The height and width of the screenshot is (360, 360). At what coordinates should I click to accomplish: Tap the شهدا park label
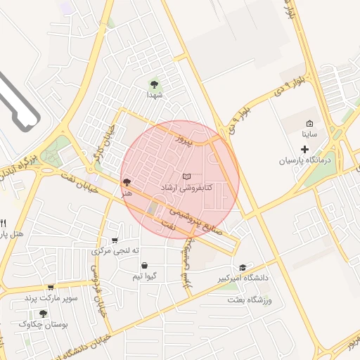coord(155,94)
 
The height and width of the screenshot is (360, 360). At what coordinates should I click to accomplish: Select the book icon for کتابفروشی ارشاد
coord(186,176)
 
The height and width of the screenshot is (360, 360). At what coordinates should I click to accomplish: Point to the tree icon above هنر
coord(126,181)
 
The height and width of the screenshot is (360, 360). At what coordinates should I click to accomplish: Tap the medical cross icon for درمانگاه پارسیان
coord(304,149)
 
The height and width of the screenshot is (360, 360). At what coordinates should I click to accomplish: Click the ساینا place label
coord(309,134)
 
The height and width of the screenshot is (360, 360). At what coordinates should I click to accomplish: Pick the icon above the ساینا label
coord(309,123)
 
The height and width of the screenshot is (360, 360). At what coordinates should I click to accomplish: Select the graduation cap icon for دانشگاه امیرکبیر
coord(243,267)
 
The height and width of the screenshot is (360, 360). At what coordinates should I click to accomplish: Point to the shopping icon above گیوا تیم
coord(145,266)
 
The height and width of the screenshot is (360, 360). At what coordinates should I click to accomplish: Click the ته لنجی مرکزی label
coord(116,251)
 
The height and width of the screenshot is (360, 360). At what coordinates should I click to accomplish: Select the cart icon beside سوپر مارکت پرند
coord(51,287)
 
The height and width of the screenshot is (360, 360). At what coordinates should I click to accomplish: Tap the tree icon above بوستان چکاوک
coord(44,314)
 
